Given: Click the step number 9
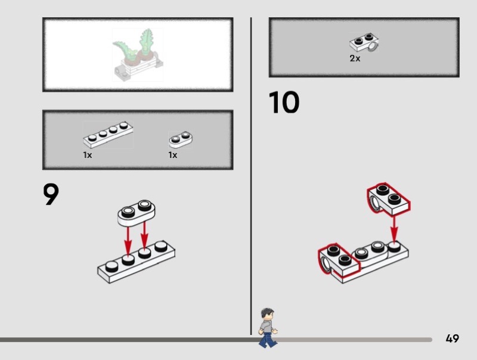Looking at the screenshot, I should point(51,194).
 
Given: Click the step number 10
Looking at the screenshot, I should point(284,103).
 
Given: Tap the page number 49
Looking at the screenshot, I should point(452,339).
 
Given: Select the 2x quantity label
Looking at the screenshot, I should point(355,58).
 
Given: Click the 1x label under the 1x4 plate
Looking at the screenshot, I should point(88,155).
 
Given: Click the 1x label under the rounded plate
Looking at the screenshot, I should point(173,155).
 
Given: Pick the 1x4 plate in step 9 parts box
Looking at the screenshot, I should point(108,134).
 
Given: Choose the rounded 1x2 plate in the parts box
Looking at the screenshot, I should point(181,140).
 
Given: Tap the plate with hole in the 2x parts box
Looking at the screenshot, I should point(364,44).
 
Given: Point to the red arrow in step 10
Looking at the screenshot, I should point(394,226).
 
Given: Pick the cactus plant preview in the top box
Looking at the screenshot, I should point(138,54).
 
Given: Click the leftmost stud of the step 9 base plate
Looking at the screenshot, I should point(110,266).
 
